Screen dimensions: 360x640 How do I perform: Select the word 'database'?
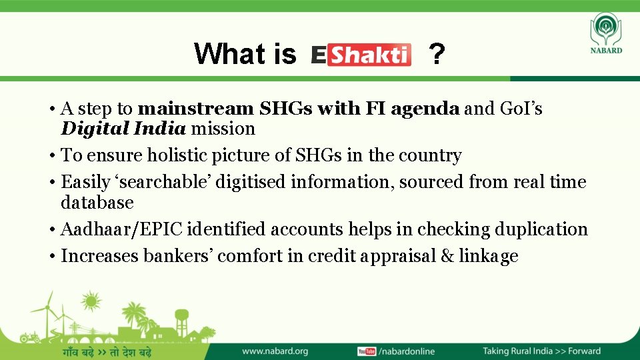[97, 202]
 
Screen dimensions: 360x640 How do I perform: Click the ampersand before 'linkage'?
[446, 256]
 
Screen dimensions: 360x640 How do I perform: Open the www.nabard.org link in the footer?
[275, 351]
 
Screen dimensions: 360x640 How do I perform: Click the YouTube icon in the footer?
[367, 351]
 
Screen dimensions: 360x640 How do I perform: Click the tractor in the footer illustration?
[29, 337]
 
